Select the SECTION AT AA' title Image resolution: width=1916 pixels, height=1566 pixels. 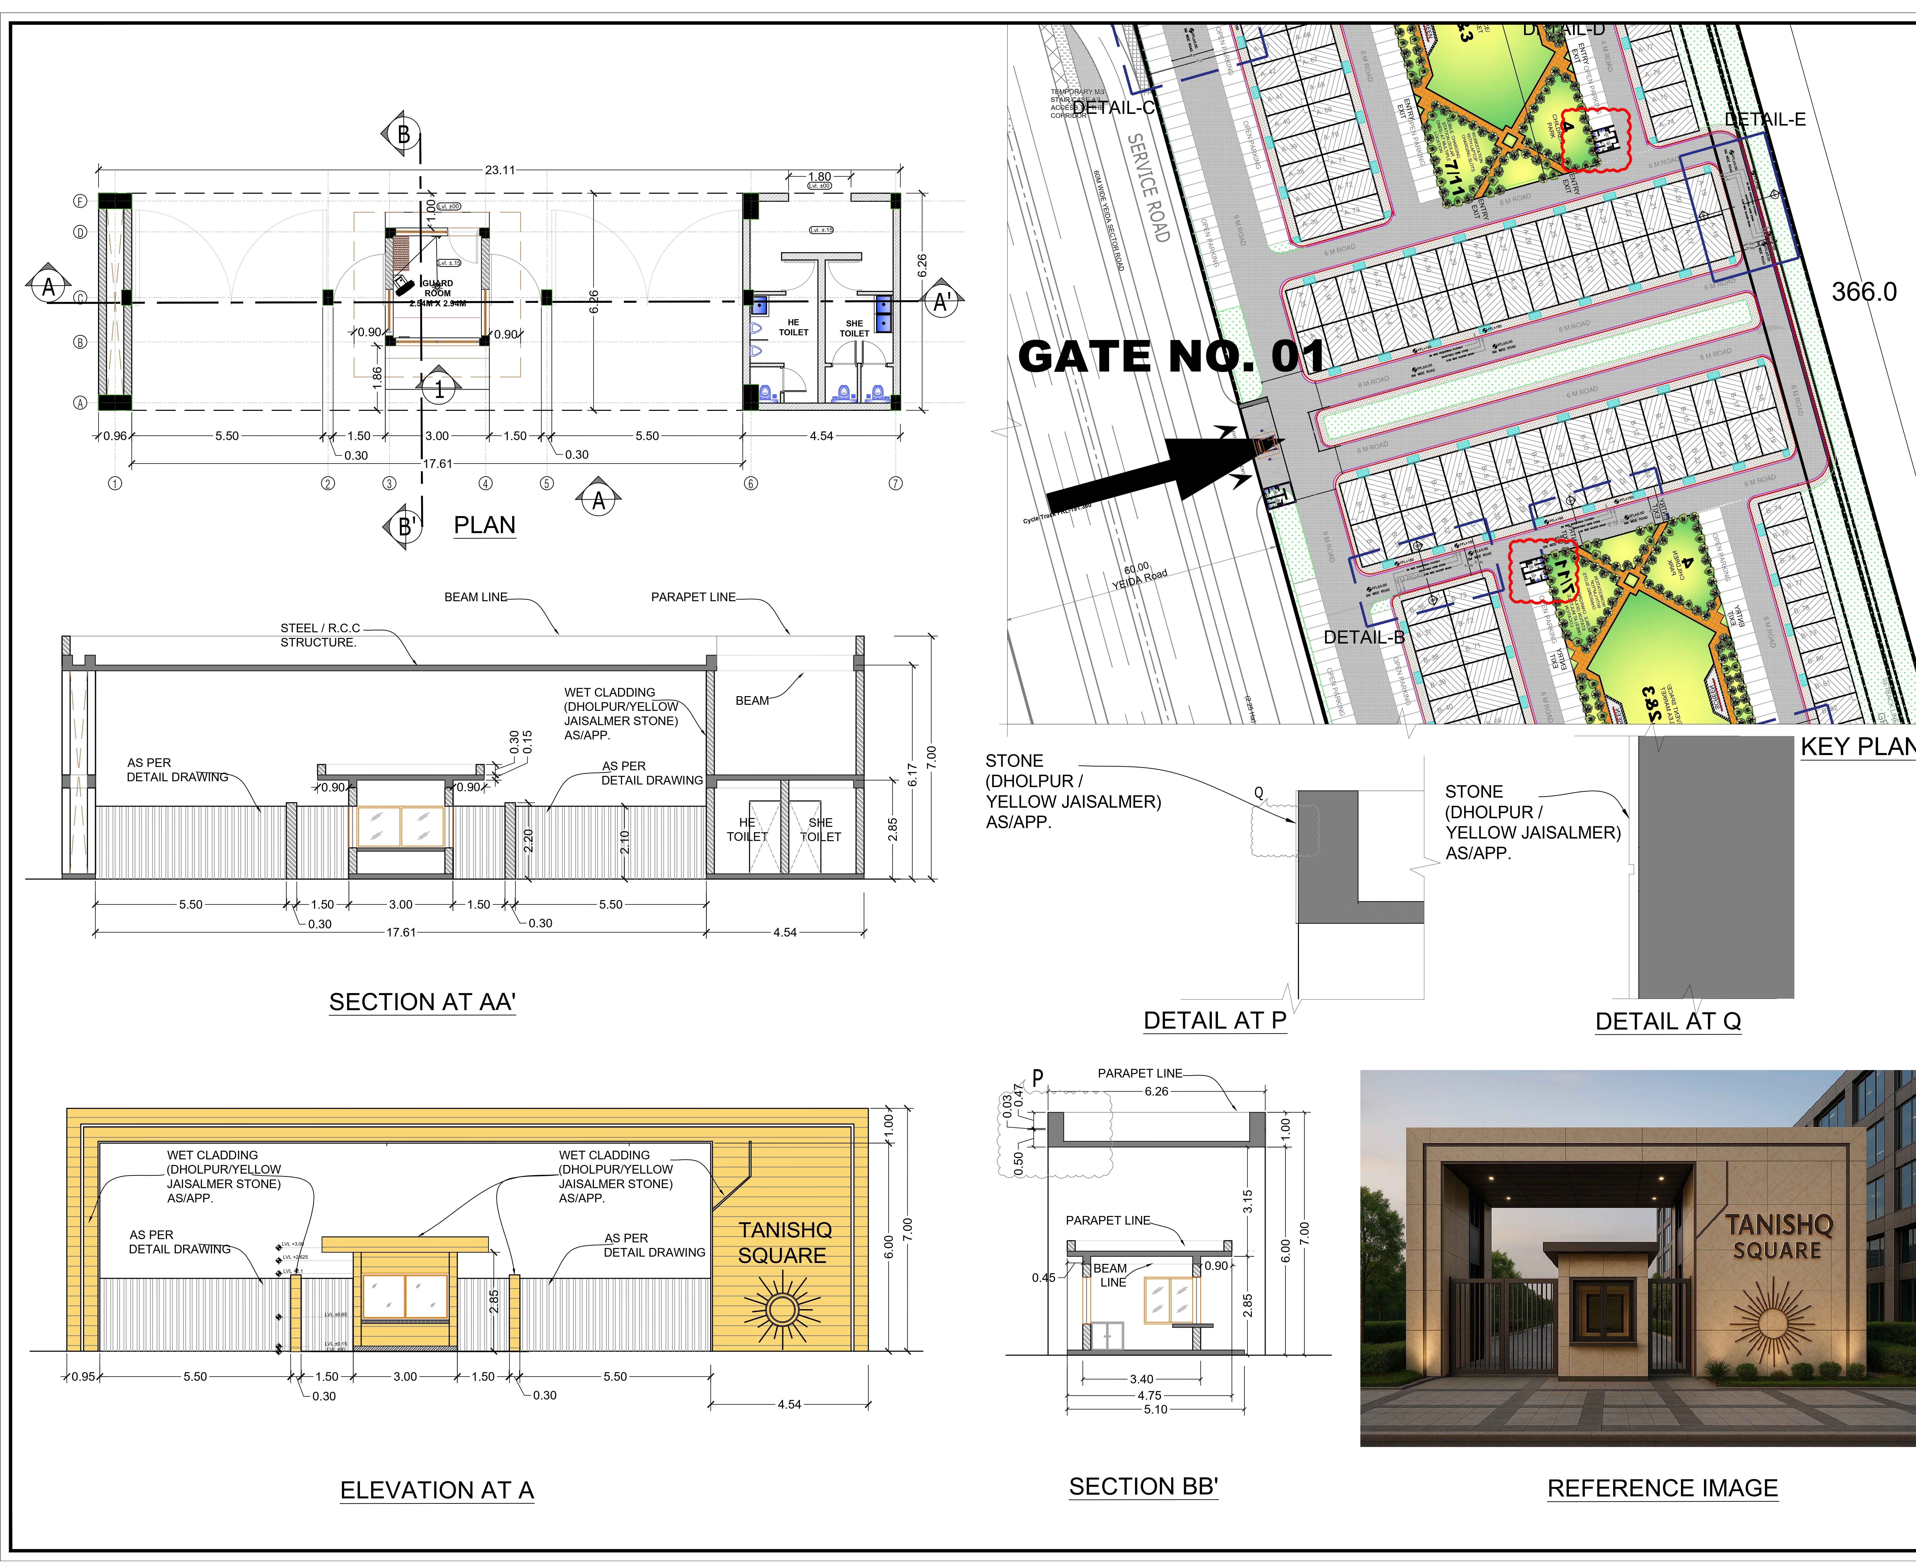click(422, 1002)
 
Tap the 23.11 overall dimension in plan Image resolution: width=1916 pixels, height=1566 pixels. click(500, 170)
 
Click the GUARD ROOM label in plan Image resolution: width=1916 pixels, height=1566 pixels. click(438, 288)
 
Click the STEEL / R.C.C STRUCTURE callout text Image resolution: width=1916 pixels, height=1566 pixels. click(319, 635)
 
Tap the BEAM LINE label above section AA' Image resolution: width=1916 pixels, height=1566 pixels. click(475, 597)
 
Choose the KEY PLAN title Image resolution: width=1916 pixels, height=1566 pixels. click(1856, 747)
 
